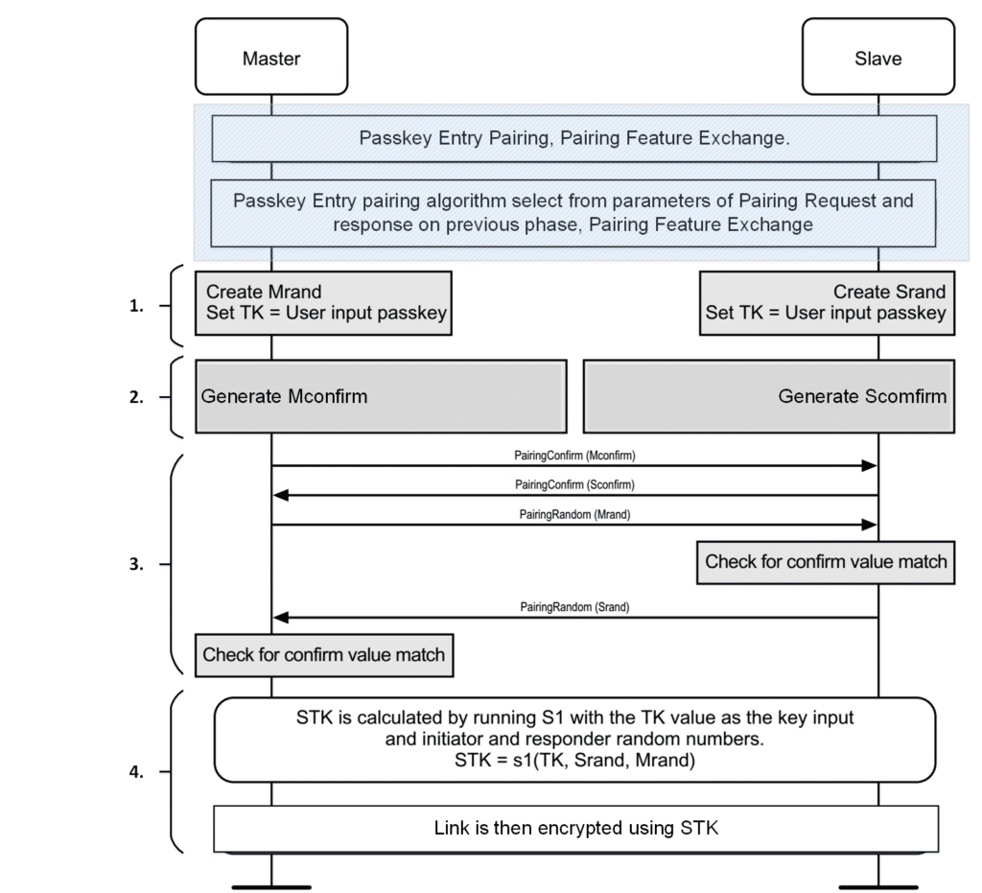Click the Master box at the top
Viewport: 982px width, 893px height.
tap(271, 57)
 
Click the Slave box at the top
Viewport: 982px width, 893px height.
tap(878, 57)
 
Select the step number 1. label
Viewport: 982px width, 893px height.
tap(136, 306)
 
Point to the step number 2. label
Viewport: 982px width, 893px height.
tap(136, 397)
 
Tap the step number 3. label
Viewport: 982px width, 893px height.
tap(136, 564)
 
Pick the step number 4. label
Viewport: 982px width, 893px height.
tap(136, 772)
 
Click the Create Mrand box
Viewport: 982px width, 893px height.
tap(323, 303)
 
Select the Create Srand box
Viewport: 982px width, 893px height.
tap(827, 303)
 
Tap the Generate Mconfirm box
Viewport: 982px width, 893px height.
tap(381, 396)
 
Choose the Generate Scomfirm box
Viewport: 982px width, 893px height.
tap(769, 396)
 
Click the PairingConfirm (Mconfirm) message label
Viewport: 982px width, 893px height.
tap(575, 456)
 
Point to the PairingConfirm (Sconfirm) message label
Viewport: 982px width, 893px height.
tap(575, 484)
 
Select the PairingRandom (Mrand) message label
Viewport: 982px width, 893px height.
tap(575, 514)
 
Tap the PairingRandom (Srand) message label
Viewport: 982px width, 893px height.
tap(575, 607)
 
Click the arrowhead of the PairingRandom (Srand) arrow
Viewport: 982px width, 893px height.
tap(281, 618)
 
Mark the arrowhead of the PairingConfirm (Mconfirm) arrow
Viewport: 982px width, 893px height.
tap(870, 465)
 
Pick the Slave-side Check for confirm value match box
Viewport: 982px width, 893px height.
tap(826, 562)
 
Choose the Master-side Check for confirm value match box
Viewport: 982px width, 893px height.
tap(324, 655)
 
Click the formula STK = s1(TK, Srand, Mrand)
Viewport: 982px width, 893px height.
tap(575, 761)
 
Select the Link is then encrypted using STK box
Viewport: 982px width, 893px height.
tap(576, 829)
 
